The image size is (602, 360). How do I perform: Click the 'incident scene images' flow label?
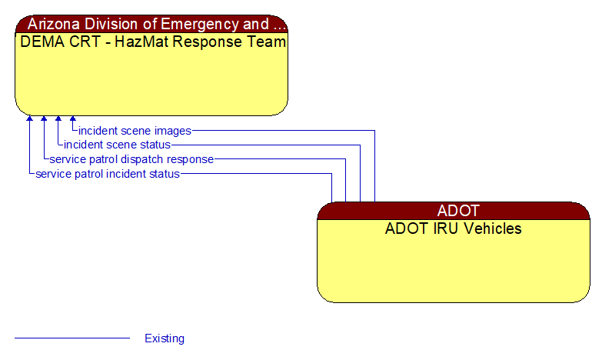click(x=135, y=131)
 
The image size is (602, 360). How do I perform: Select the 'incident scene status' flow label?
click(x=117, y=145)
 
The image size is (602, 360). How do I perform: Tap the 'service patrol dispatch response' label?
click(x=131, y=159)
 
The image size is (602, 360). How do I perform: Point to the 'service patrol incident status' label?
click(x=108, y=174)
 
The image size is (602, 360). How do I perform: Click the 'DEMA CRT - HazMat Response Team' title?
click(x=153, y=42)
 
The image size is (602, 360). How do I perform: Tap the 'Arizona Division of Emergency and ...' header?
click(x=153, y=24)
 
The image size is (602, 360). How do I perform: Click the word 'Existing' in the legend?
click(x=165, y=338)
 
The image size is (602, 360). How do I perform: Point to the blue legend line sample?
click(x=72, y=338)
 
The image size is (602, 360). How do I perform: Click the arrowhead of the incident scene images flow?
click(x=73, y=119)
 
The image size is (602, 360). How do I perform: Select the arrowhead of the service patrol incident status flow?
click(x=29, y=119)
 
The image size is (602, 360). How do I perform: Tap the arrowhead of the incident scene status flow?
click(x=58, y=119)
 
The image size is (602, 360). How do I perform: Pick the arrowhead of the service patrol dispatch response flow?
click(x=44, y=119)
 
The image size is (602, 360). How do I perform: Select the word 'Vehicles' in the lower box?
click(x=492, y=228)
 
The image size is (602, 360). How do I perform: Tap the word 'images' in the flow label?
click(x=172, y=131)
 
